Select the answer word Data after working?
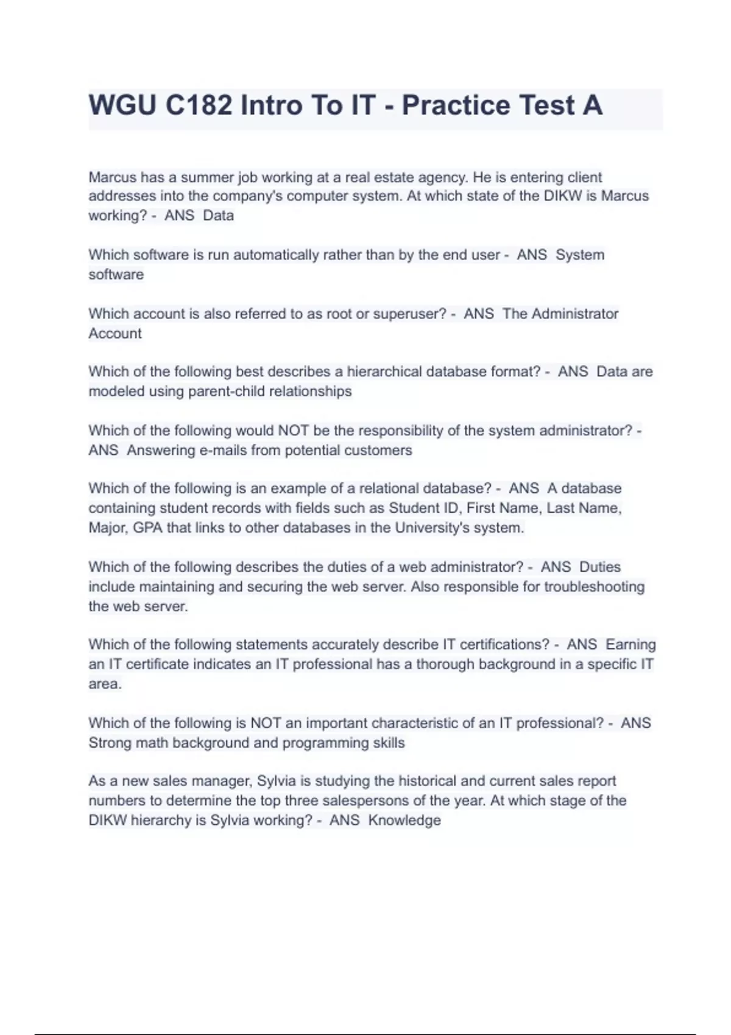pos(218,216)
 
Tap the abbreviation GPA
pos(147,527)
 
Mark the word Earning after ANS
pos(630,644)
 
